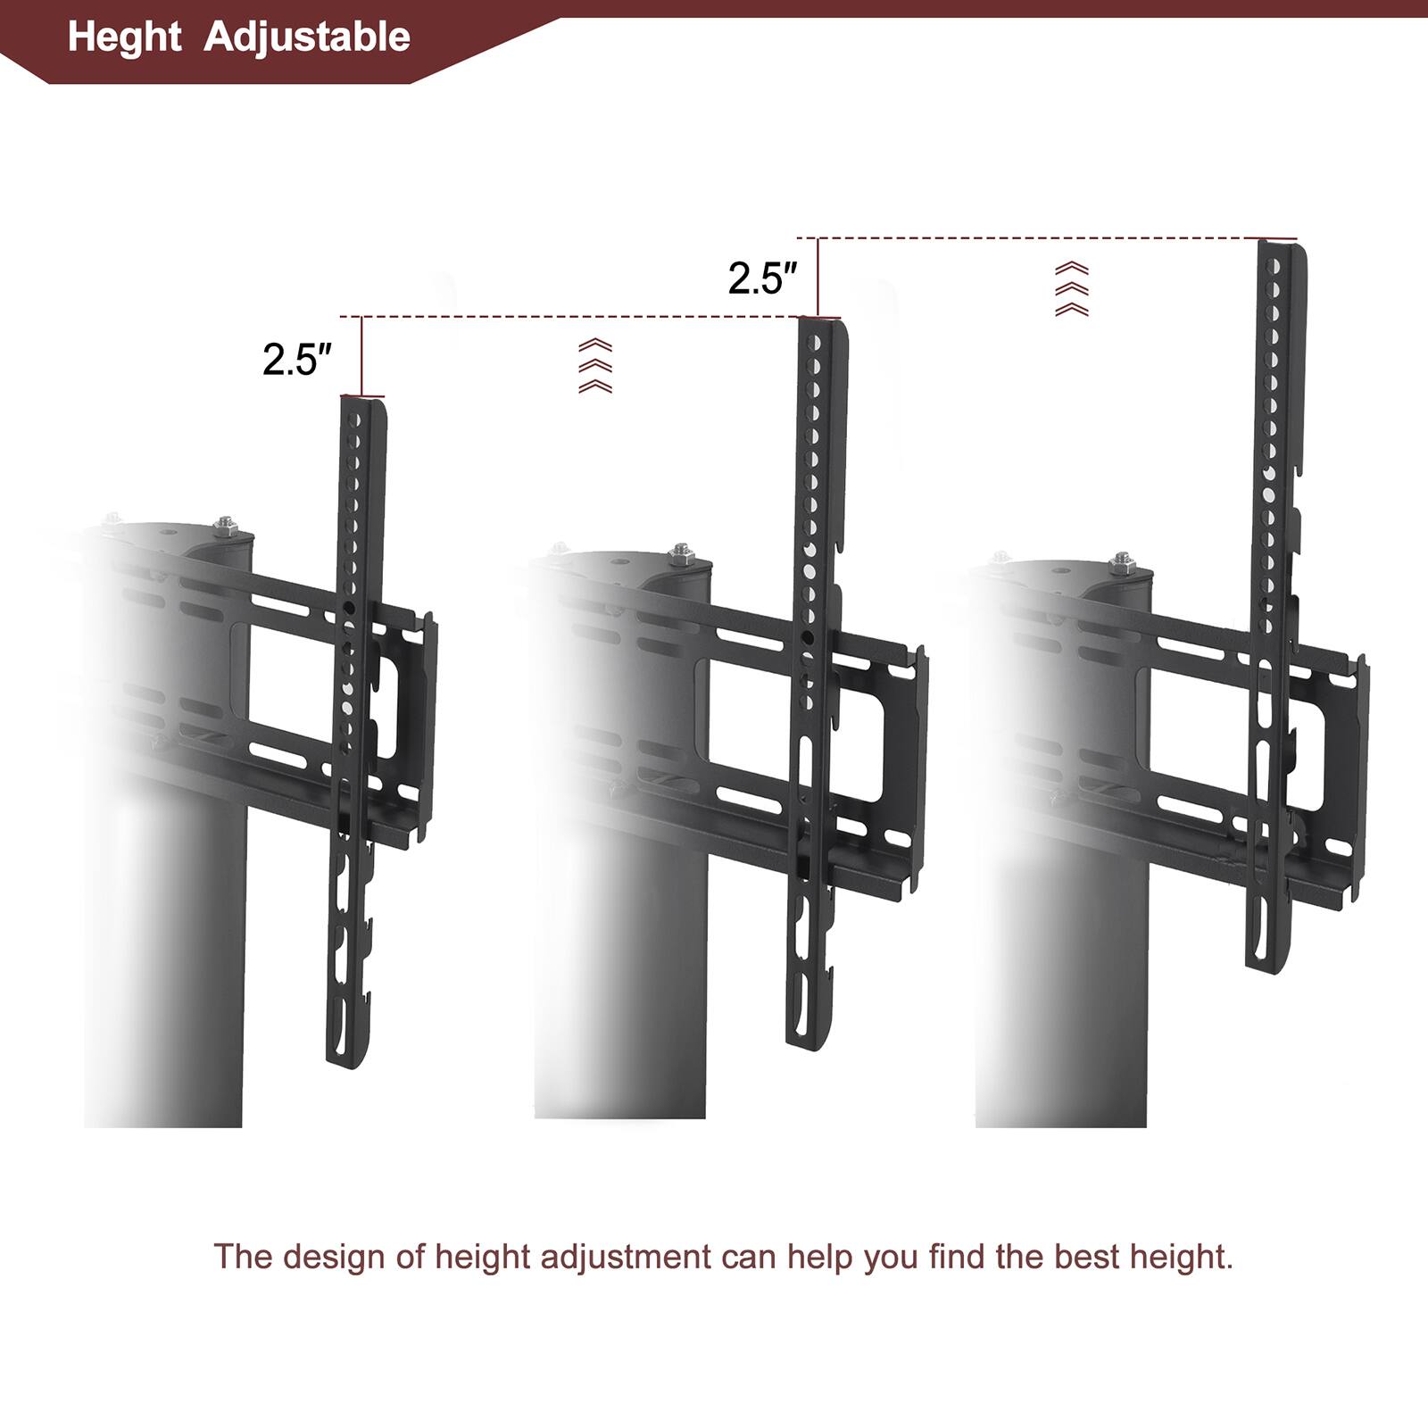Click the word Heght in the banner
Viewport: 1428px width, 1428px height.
click(124, 37)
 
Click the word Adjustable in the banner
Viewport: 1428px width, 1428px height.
click(307, 37)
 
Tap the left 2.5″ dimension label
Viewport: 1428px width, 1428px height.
click(296, 360)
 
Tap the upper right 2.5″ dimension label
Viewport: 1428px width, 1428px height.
click(761, 278)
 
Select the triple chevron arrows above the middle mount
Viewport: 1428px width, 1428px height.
click(595, 366)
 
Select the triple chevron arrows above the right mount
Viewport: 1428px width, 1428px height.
click(1072, 289)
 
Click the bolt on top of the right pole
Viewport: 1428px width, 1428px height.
click(1121, 564)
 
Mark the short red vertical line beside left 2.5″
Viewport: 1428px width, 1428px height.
click(362, 356)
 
